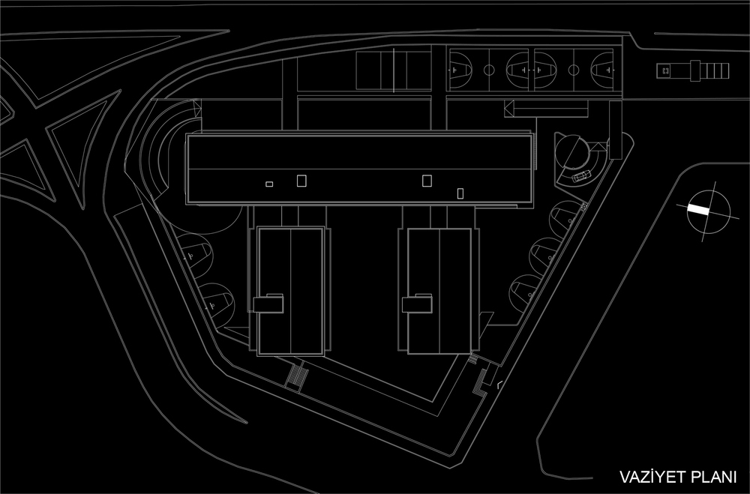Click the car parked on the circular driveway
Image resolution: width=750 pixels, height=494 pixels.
(x=580, y=176)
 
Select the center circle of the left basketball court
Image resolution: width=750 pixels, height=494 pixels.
(x=489, y=70)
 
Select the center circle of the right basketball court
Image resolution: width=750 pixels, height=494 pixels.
(x=573, y=70)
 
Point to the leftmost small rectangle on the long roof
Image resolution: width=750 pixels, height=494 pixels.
(x=269, y=184)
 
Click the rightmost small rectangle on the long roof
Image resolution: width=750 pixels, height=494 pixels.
(x=460, y=193)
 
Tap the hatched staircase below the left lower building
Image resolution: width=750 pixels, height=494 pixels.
(x=297, y=376)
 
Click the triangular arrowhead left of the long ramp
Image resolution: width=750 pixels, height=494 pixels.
(x=509, y=109)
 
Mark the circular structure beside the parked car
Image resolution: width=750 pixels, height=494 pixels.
(x=572, y=151)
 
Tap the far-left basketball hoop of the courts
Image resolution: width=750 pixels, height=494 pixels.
(x=452, y=70)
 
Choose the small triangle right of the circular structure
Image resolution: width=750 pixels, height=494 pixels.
(x=598, y=146)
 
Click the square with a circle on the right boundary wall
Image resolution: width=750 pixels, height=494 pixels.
(x=583, y=206)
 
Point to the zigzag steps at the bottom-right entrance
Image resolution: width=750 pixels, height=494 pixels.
(x=479, y=382)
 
